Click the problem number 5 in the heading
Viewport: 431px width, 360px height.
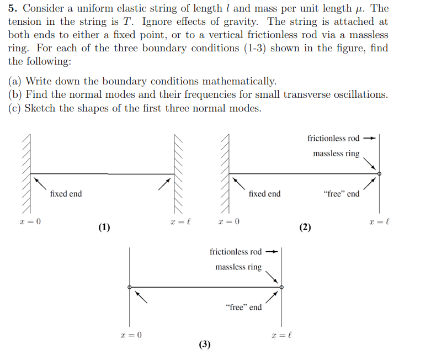pos(12,9)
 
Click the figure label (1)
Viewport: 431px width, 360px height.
pos(104,227)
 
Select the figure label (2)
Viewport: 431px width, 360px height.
pos(305,227)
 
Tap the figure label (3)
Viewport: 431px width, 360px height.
pos(205,345)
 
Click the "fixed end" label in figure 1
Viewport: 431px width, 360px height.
pos(66,194)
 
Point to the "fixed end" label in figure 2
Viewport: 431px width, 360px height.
pos(264,194)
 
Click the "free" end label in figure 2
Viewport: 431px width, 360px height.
pos(341,194)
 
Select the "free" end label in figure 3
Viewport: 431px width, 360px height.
pos(244,307)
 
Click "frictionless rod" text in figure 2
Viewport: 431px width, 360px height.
pos(333,139)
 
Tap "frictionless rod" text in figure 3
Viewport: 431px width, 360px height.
pos(236,252)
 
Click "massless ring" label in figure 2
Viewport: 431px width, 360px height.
pos(336,153)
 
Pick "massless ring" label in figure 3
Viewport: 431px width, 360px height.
pos(238,267)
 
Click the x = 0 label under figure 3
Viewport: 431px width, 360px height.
pos(131,335)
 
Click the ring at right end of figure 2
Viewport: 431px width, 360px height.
pos(379,174)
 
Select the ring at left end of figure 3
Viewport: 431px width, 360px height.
pos(130,287)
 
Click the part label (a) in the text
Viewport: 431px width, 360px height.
pos(15,82)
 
